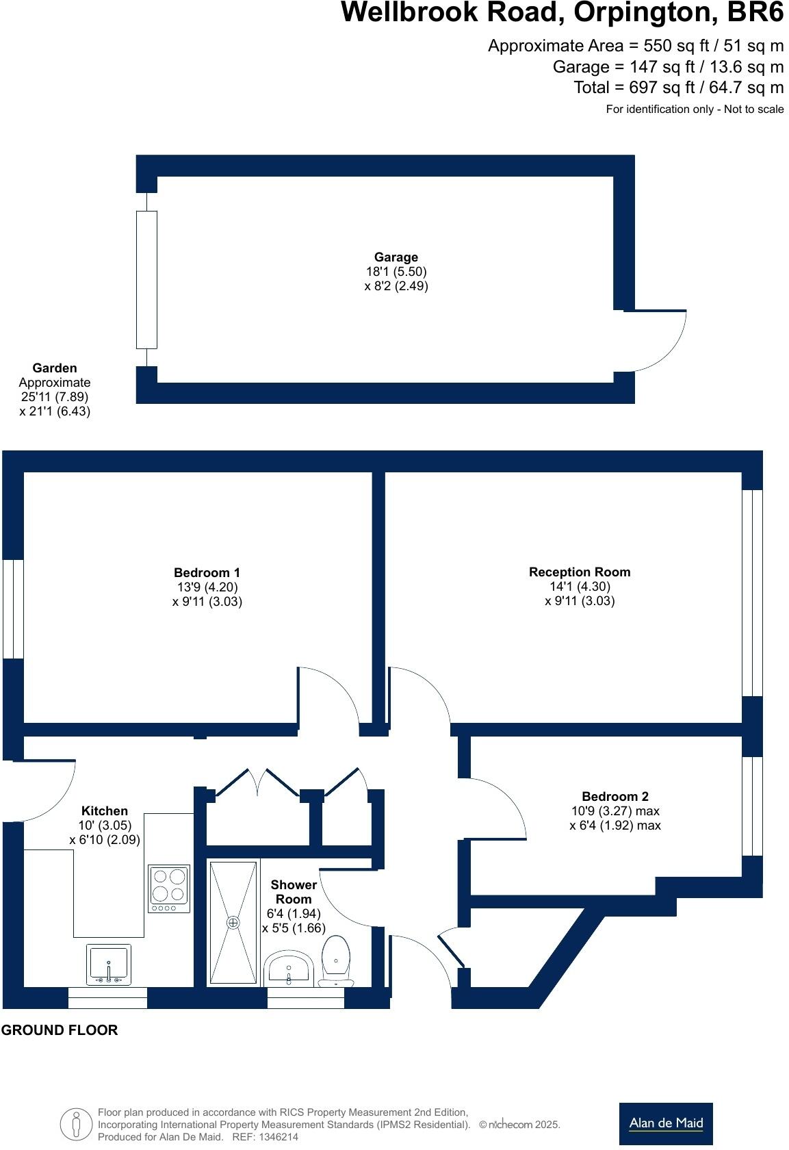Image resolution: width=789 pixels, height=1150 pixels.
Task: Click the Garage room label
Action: [x=396, y=257]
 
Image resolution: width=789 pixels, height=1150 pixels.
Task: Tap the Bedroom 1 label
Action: [x=207, y=572]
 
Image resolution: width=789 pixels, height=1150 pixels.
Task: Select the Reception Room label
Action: [x=580, y=572]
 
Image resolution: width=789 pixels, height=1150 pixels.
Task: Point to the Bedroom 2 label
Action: [x=615, y=796]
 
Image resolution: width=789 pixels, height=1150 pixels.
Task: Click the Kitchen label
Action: [x=105, y=810]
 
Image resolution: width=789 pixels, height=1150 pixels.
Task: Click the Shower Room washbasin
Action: [x=289, y=969]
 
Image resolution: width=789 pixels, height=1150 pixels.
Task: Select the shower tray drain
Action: [x=233, y=923]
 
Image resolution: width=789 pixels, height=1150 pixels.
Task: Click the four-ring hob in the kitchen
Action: [x=169, y=889]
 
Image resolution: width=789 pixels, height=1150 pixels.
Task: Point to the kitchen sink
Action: [x=108, y=964]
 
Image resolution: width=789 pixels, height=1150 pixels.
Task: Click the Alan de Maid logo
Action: [x=666, y=1124]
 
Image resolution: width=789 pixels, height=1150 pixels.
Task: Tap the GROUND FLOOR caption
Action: [x=60, y=1030]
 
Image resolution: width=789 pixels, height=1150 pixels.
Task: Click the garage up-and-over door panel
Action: [x=146, y=280]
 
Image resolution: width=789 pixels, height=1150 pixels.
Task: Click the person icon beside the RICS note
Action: [x=76, y=1124]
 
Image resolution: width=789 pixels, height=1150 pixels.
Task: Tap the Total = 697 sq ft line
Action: [x=679, y=88]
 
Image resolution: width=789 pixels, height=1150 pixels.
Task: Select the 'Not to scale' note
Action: [x=753, y=109]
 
